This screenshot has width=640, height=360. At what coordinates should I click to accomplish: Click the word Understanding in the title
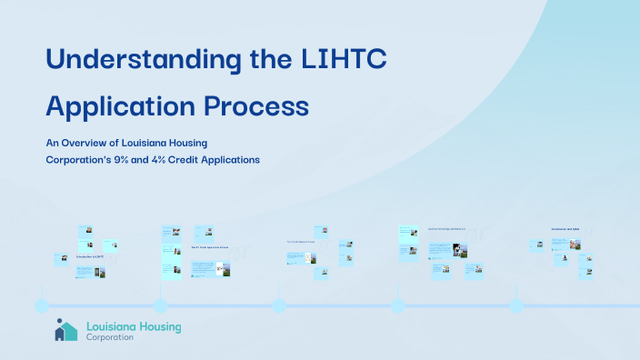[x=137, y=60]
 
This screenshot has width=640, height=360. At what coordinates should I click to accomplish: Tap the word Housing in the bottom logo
[x=156, y=325]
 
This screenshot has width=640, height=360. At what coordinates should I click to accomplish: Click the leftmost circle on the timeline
[x=42, y=305]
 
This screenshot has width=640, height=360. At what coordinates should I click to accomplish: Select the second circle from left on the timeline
[x=160, y=305]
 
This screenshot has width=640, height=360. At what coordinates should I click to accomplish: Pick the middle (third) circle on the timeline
[x=279, y=305]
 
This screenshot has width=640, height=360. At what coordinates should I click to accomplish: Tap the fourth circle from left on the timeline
[x=398, y=305]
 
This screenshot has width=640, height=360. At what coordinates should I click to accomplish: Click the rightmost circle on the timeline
[x=516, y=305]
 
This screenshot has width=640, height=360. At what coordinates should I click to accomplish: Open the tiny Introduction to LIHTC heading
[x=89, y=256]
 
